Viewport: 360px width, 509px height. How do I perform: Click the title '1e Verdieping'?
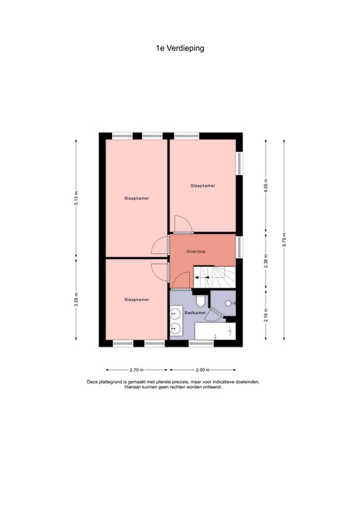[180, 48]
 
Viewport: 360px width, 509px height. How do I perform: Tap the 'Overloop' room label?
[196, 251]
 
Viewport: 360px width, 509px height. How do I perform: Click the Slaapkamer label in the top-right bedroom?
[203, 185]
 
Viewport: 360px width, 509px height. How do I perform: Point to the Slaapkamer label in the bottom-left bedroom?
[136, 300]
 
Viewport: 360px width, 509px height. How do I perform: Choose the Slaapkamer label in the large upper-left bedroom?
[136, 198]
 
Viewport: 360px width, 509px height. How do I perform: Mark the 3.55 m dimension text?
[76, 300]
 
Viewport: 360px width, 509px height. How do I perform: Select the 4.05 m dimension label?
[266, 183]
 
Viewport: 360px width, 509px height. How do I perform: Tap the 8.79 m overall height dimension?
[284, 239]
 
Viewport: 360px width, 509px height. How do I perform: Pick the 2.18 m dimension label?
[266, 315]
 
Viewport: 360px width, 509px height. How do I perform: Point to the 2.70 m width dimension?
[136, 370]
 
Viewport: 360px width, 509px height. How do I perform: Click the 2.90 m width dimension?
[203, 370]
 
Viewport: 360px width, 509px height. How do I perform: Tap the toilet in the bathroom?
[201, 305]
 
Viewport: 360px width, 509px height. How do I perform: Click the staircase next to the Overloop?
[213, 276]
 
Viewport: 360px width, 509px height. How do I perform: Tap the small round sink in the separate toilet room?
[229, 302]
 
